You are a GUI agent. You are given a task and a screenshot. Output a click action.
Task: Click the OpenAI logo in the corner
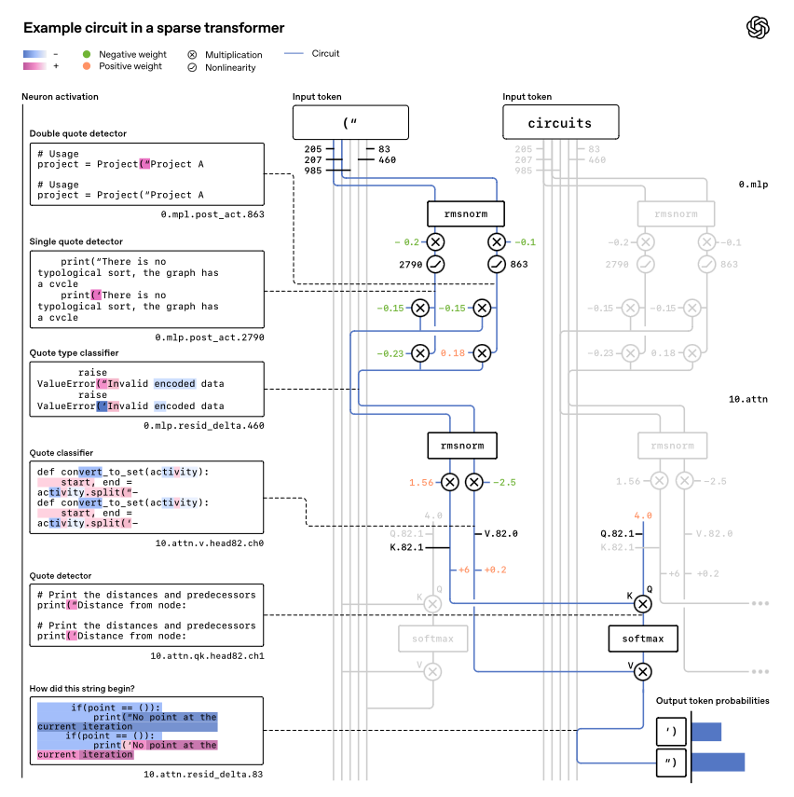(758, 27)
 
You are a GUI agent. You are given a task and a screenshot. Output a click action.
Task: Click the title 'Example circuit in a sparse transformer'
(154, 29)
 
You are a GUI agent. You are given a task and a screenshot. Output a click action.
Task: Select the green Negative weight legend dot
(87, 54)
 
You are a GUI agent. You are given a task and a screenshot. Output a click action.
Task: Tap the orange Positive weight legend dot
(87, 66)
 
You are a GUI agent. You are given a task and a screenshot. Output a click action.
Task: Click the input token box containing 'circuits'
(559, 123)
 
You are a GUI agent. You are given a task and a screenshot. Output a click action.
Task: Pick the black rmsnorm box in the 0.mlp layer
(465, 213)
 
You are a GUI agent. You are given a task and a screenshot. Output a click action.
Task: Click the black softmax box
(642, 639)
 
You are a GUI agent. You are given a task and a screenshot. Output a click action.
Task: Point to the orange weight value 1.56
(421, 482)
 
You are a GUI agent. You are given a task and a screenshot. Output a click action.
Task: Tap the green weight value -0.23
(391, 353)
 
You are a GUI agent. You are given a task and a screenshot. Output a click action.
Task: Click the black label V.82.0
(500, 534)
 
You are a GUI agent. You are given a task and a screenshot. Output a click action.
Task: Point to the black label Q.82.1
(617, 534)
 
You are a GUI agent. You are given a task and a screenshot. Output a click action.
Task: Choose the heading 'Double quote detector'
(77, 133)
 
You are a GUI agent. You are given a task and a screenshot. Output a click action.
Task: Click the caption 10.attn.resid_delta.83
(203, 775)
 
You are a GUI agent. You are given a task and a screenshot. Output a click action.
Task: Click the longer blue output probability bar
(718, 763)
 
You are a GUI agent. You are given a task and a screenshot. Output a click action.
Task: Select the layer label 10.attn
(748, 399)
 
